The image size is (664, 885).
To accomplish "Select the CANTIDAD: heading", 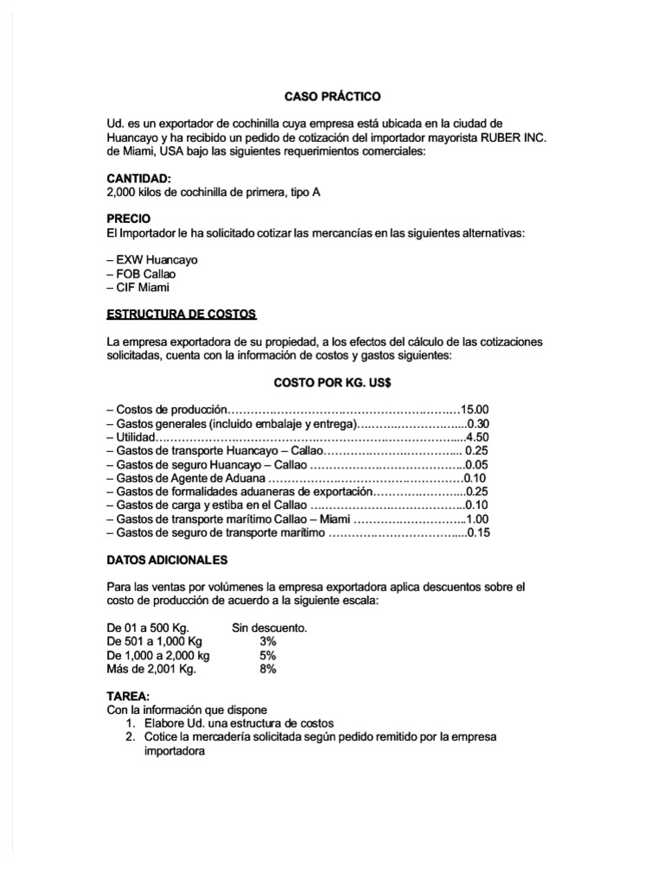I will click(138, 178).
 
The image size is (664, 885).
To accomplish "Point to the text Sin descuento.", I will click(270, 627).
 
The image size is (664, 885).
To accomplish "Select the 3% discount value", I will click(267, 641).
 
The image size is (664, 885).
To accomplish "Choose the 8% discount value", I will click(267, 669).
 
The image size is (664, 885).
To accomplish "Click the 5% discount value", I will click(267, 655).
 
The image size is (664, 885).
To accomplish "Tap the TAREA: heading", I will click(128, 696).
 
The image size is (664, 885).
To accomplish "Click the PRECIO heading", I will click(128, 220).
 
